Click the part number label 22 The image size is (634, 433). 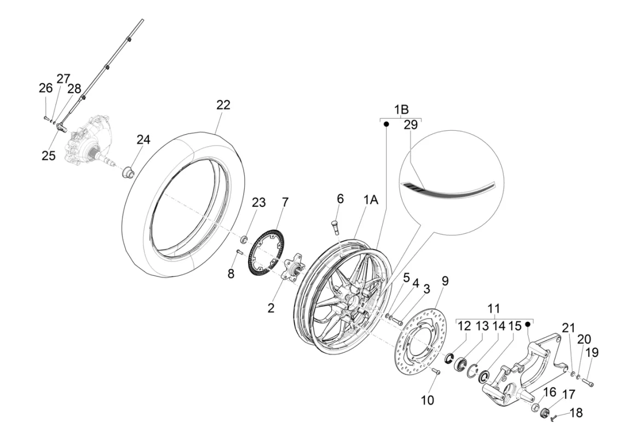pos(223,105)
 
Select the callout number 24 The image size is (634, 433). pos(143,140)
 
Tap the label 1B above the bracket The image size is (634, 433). pos(401,109)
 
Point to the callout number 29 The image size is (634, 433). pos(410,125)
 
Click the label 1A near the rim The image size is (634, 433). pos(371,201)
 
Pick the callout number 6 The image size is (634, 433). pos(340,199)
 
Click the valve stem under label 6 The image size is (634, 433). pos(336,226)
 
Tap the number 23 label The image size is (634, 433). pos(258,203)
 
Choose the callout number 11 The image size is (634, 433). pos(494,308)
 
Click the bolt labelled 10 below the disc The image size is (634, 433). pos(436,372)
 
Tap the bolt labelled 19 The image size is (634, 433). pos(587,382)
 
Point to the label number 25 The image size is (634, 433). pos(49,155)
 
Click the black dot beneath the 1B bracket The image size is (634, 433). pos(385,124)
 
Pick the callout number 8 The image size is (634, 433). pos(231,273)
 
